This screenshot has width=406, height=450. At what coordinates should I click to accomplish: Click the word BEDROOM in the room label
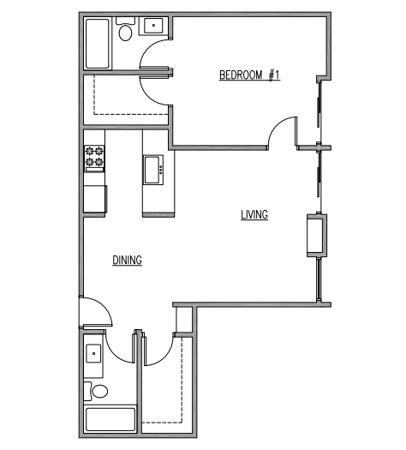(241, 75)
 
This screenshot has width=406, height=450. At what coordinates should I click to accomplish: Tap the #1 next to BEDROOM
(273, 75)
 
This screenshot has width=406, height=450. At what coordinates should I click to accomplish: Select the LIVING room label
(254, 215)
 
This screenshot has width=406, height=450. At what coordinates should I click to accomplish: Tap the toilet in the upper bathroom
(125, 33)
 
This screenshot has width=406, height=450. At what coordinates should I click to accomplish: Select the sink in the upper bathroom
(154, 27)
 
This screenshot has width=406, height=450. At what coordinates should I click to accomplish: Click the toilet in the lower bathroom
(100, 392)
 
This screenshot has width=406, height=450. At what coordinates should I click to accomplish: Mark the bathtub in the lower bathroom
(110, 420)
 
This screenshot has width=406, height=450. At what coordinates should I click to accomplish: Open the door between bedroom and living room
(282, 132)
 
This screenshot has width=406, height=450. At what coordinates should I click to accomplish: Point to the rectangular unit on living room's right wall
(314, 236)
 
